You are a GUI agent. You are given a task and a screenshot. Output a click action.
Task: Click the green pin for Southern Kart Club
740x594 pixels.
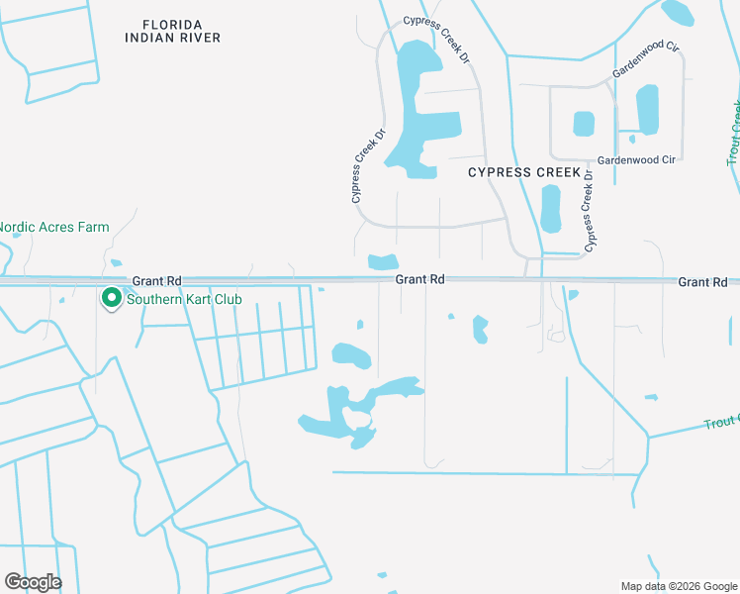(112, 297)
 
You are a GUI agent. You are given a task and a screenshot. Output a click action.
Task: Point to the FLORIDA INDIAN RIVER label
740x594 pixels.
(173, 31)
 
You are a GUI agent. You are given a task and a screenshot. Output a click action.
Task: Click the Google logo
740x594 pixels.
(33, 581)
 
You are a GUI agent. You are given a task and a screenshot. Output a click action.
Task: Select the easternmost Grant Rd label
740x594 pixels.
(702, 282)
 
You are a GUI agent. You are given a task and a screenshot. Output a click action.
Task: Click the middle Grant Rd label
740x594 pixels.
(419, 280)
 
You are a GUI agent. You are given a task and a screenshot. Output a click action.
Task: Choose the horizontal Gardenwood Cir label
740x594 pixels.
(635, 158)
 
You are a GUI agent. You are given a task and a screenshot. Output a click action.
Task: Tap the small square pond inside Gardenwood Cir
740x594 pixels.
(584, 124)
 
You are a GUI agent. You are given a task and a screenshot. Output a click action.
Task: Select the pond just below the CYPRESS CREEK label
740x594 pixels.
(550, 208)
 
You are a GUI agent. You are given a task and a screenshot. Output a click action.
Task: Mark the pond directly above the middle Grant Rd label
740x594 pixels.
(383, 262)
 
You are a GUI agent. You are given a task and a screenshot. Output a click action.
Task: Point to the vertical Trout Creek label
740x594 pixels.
(734, 134)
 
